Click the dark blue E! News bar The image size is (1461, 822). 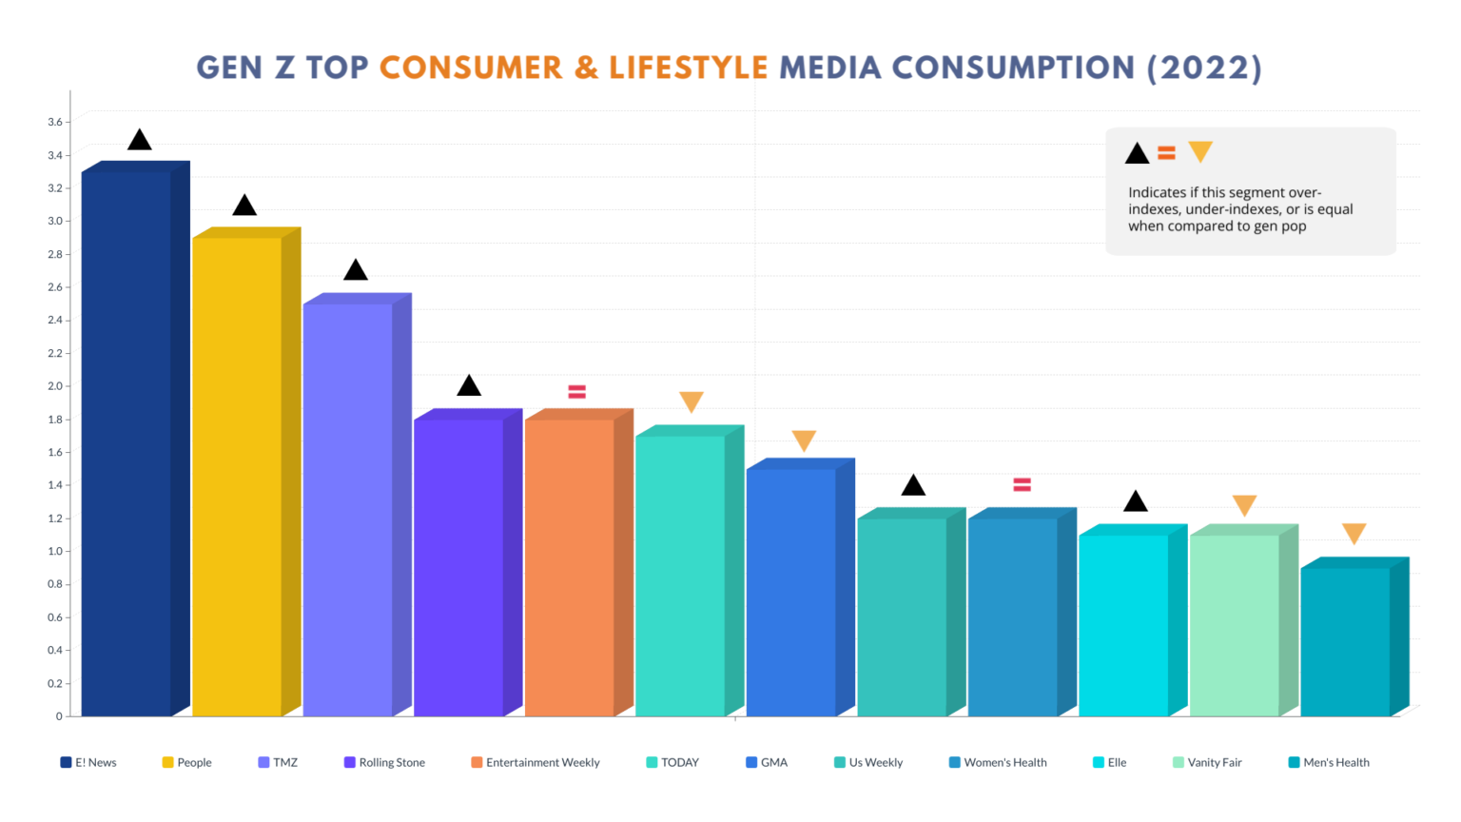[x=127, y=442]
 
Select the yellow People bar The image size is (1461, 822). [x=237, y=476]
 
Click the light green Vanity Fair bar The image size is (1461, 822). [x=1234, y=624]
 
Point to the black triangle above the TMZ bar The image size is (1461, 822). [x=356, y=270]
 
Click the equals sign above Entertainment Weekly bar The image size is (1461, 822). [x=576, y=392]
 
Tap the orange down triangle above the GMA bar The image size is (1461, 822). [x=804, y=440]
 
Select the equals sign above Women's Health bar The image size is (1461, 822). [x=1023, y=485]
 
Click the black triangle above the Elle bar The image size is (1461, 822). [x=1135, y=501]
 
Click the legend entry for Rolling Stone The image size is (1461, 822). [x=384, y=762]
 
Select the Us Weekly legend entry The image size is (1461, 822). [x=868, y=762]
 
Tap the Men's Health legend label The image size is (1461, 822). [x=1335, y=762]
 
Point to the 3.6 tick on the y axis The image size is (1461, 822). [x=54, y=122]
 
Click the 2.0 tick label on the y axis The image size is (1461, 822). [x=54, y=386]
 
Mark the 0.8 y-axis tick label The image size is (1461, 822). [x=54, y=584]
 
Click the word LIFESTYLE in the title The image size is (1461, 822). [x=688, y=68]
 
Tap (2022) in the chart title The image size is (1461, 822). [x=1204, y=68]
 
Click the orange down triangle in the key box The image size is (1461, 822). [x=1200, y=151]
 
